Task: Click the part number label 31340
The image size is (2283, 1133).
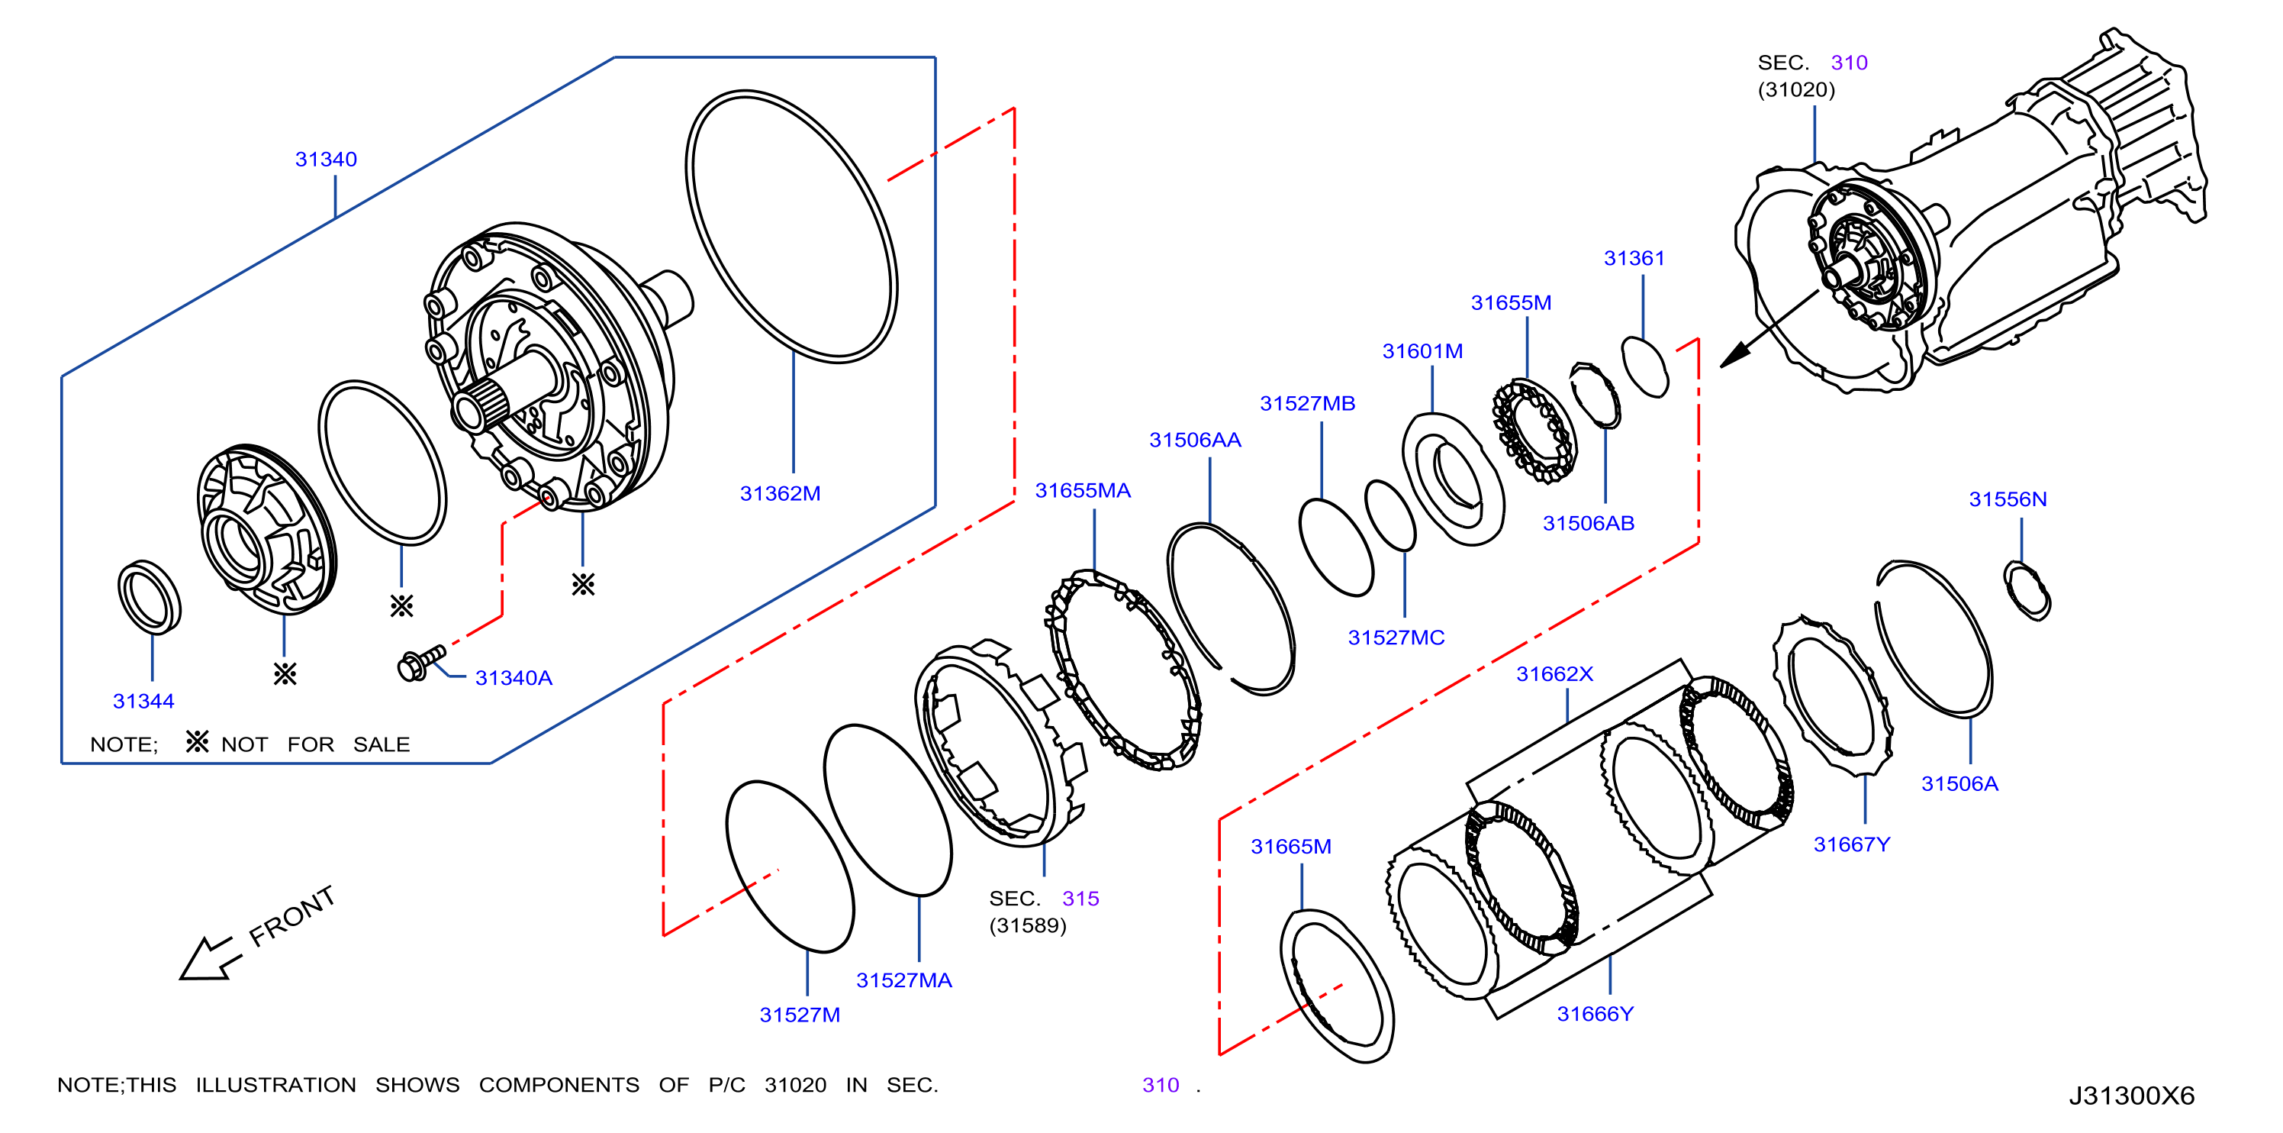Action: [325, 160]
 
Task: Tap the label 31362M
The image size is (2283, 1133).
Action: [780, 494]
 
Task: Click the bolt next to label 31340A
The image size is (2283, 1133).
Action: [421, 662]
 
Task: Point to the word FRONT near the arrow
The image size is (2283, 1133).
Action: [291, 916]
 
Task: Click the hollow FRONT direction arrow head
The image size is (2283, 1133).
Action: [205, 961]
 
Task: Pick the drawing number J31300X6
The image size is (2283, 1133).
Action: [2131, 1096]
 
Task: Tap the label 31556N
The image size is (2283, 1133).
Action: [2008, 499]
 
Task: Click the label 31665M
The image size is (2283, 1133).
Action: [1290, 847]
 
